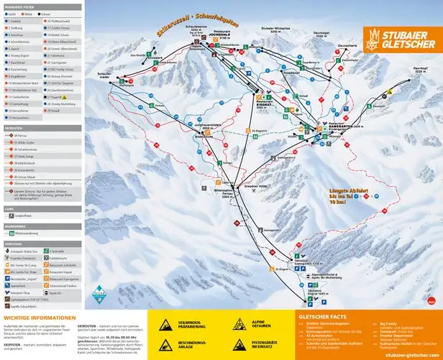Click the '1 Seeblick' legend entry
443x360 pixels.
(16, 22)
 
